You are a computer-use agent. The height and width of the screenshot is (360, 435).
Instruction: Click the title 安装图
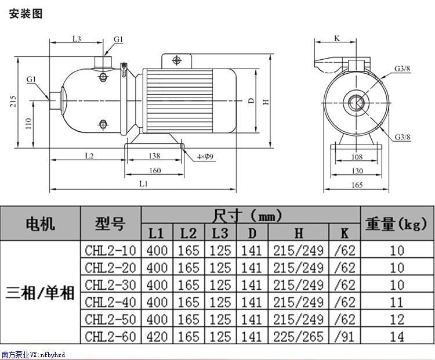click(x=27, y=13)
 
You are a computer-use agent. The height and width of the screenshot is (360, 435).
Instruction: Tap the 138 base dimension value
click(x=154, y=156)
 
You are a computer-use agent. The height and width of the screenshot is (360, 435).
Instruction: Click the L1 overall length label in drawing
click(x=143, y=183)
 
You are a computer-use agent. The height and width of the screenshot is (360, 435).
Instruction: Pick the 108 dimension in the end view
click(x=357, y=157)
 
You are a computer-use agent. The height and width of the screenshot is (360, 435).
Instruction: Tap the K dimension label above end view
click(x=337, y=38)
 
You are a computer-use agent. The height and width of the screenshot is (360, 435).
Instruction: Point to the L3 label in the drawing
click(x=77, y=38)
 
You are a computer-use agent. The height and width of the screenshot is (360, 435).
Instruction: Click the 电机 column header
click(x=40, y=223)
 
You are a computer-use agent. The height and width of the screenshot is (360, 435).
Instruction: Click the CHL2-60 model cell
click(x=110, y=336)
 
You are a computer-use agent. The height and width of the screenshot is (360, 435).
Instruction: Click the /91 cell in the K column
click(x=345, y=336)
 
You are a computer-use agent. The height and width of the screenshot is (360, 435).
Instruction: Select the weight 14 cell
click(x=397, y=336)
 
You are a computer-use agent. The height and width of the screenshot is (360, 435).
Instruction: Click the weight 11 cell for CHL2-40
click(x=397, y=302)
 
